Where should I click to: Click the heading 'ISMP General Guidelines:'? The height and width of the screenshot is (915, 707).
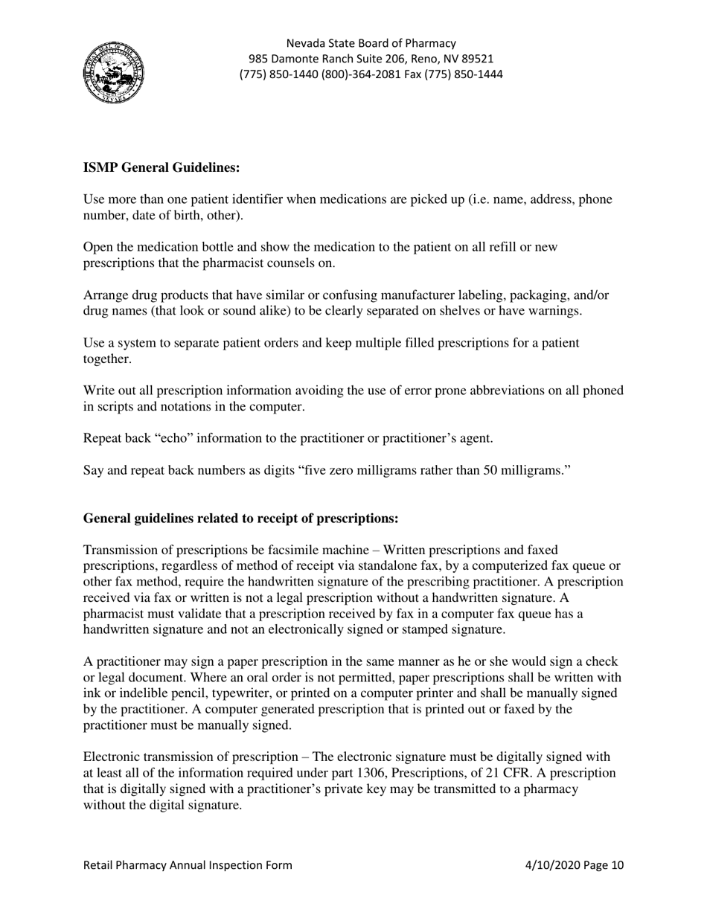161,168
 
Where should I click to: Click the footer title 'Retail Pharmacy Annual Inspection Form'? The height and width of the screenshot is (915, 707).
188,865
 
